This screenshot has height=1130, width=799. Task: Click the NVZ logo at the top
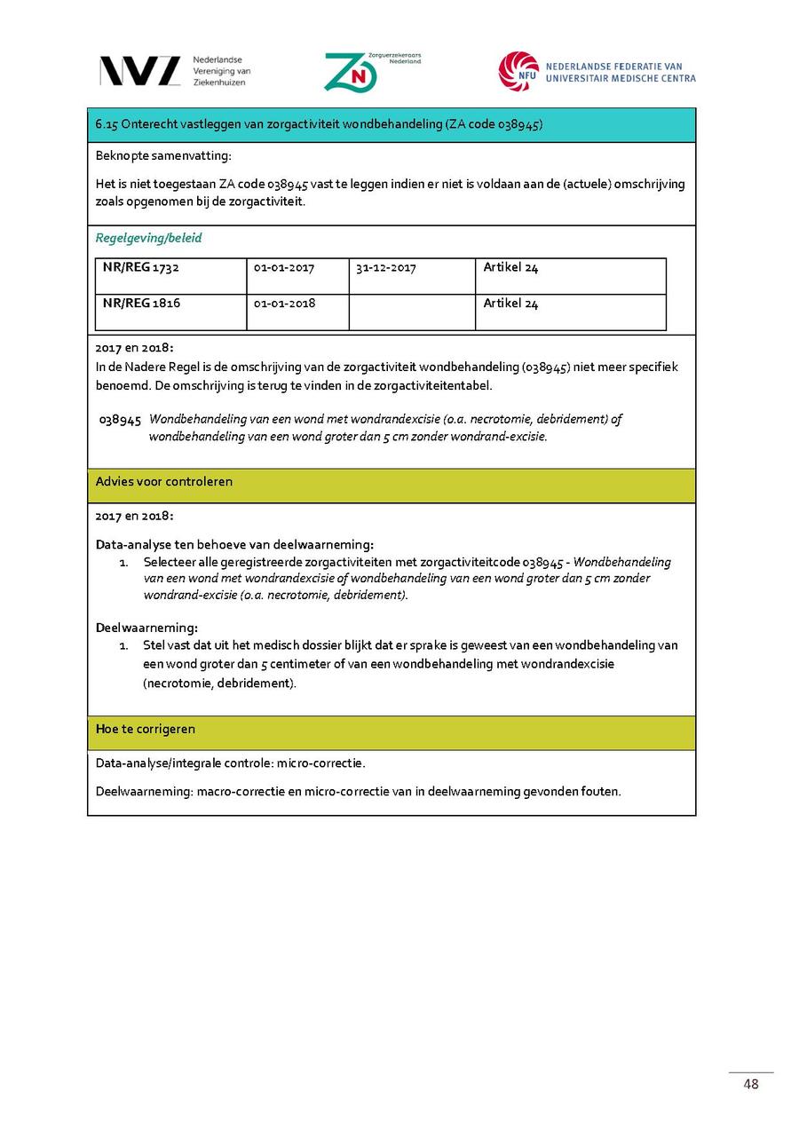pos(139,71)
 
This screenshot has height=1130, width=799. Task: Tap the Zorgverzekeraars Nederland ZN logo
pos(351,72)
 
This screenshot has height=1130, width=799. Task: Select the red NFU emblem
pos(518,71)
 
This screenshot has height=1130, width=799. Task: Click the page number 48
pos(751,1084)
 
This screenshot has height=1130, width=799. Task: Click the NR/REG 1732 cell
pos(141,268)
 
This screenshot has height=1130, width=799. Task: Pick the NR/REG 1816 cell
pos(142,304)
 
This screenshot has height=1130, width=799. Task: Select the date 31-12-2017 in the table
pos(385,268)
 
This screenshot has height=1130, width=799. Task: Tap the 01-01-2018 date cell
pos(284,304)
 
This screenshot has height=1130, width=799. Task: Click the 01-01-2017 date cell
pos(284,268)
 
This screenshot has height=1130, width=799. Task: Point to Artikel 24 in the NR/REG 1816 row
pos(510,304)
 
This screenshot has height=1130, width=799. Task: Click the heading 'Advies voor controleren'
pos(164,482)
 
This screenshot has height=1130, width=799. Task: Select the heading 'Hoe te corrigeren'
pos(146,730)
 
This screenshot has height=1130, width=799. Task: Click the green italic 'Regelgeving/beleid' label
pos(148,238)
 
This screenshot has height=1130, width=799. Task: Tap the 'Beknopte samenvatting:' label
pos(163,156)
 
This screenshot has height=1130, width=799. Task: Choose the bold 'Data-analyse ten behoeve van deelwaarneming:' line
pos(234,545)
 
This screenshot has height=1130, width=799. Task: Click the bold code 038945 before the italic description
pos(121,420)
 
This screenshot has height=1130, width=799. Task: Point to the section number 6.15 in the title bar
pos(107,125)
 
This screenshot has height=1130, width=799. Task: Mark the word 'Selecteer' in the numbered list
pos(169,562)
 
